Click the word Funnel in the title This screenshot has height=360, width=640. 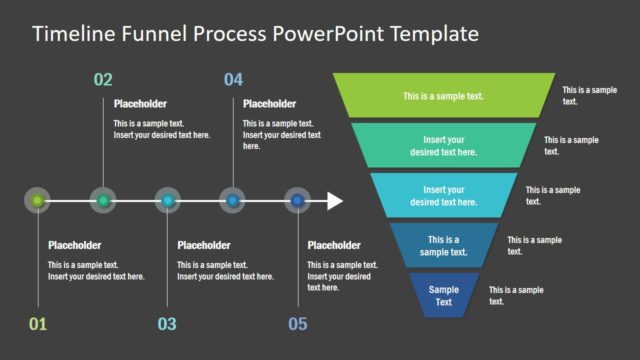coord(151,34)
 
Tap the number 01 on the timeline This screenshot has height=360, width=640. coord(37,323)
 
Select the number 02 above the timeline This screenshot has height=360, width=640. coord(103,79)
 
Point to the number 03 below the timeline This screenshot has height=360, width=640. coord(167,323)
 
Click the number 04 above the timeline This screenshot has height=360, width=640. coord(233,79)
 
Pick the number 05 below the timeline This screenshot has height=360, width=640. coord(297,323)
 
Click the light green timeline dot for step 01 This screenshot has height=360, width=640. coord(38,201)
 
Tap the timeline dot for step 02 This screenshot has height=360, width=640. coord(103,201)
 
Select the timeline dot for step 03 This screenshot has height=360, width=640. coord(168,201)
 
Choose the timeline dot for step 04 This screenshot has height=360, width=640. coord(233,201)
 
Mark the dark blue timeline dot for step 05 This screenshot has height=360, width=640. coord(297,201)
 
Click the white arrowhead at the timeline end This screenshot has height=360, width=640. coord(334,201)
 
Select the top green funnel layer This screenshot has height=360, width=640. coord(443,96)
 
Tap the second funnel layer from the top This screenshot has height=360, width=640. coord(443,145)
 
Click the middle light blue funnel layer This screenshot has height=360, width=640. coord(443,194)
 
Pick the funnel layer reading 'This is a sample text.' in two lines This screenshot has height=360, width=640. coord(443,245)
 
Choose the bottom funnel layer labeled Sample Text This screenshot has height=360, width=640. coord(443,295)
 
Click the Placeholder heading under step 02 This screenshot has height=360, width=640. coord(140,103)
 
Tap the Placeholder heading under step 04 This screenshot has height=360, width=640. coord(270,103)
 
